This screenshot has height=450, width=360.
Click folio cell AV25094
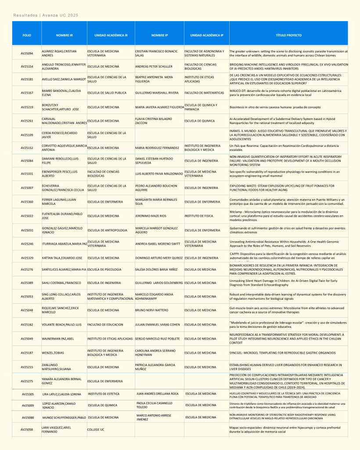click(27, 54)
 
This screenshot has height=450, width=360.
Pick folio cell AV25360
click(27, 202)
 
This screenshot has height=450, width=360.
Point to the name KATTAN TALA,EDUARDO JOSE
click(62, 258)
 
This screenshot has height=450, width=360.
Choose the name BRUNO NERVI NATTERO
click(151, 310)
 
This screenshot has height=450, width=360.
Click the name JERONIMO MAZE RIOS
click(151, 216)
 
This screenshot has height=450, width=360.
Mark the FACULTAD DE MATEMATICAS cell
click(204, 93)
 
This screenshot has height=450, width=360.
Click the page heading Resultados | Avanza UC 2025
click(46, 15)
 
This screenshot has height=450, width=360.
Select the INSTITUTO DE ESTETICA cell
click(104, 394)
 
